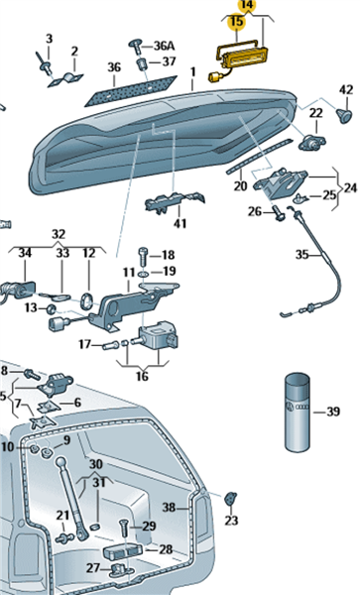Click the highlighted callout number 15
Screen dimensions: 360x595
(236, 21)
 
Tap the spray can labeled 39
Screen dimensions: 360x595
(298, 412)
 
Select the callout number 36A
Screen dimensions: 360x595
(165, 46)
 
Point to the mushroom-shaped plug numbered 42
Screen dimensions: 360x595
(344, 115)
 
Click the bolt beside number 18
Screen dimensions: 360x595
(143, 256)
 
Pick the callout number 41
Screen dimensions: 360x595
(180, 223)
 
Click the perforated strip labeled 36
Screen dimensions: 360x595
(131, 91)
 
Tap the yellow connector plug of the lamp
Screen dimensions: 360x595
(213, 77)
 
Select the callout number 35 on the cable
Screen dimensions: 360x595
(301, 254)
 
